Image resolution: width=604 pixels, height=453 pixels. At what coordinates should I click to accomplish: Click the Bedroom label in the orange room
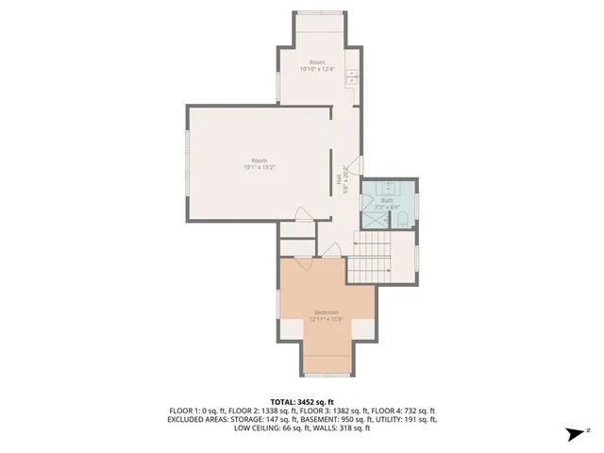click(x=327, y=311)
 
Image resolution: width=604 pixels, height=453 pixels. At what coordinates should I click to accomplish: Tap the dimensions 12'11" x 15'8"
click(x=327, y=318)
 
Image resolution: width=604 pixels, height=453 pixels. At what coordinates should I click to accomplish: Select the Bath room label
click(x=387, y=199)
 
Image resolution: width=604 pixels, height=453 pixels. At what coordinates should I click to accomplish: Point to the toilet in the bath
click(x=401, y=220)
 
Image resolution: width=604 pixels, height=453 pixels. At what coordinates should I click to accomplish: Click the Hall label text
click(x=339, y=178)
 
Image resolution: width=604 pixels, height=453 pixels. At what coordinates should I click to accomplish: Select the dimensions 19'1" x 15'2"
click(x=259, y=167)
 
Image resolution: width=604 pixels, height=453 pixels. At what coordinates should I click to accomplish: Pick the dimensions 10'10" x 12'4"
click(x=317, y=69)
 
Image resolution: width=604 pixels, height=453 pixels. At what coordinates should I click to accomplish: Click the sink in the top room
click(x=353, y=75)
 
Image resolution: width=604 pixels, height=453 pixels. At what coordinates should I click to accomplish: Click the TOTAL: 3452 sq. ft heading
click(x=302, y=401)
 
